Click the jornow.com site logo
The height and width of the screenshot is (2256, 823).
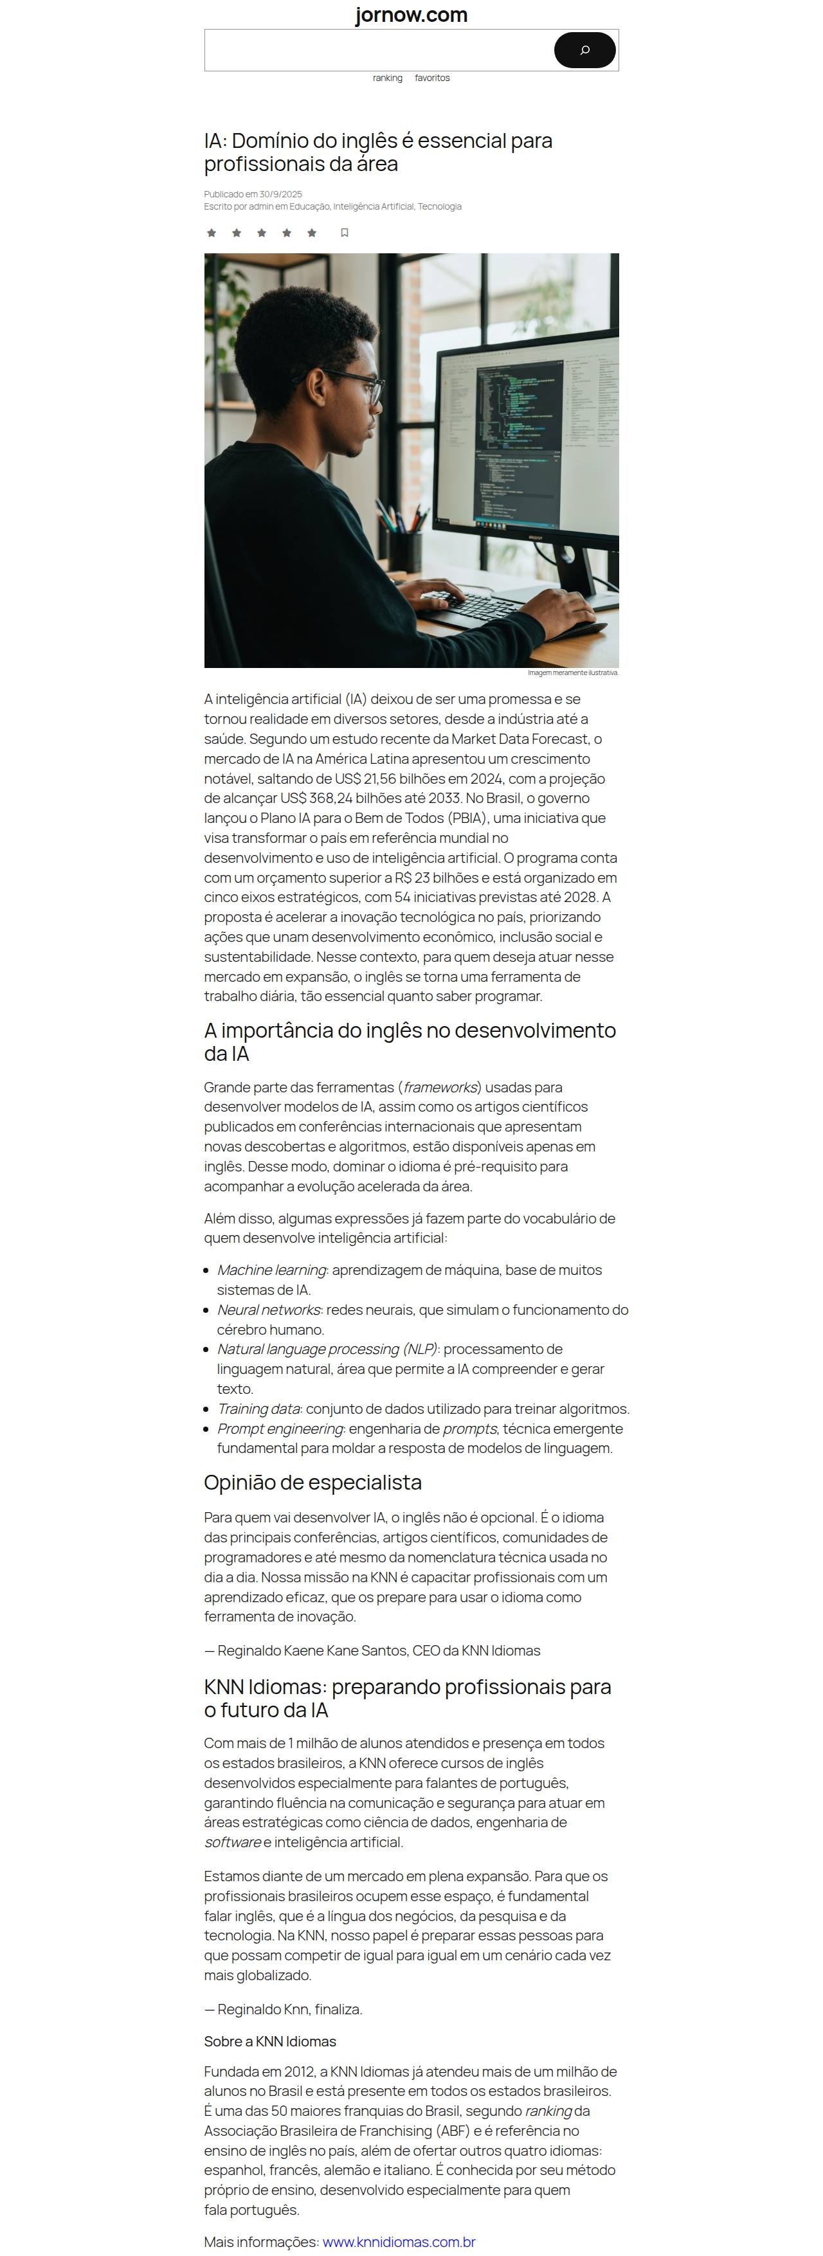point(411,15)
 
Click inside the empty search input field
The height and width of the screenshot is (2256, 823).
point(377,50)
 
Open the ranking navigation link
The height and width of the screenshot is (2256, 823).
point(387,78)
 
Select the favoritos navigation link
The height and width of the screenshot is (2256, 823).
point(431,78)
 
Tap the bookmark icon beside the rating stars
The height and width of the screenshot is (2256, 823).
point(344,233)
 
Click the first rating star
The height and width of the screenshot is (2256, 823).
point(211,233)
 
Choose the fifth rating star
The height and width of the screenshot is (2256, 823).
point(312,233)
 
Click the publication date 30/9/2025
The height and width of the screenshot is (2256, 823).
point(280,194)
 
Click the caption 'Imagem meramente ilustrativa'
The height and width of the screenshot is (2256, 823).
point(573,672)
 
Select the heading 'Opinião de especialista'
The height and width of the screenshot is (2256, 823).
point(312,1483)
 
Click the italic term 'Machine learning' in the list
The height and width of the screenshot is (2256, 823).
point(271,1270)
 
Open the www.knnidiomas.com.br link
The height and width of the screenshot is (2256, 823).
point(399,2241)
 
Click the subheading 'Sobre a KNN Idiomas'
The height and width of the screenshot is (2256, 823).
point(269,2041)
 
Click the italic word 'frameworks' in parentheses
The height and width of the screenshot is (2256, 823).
point(440,1087)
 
